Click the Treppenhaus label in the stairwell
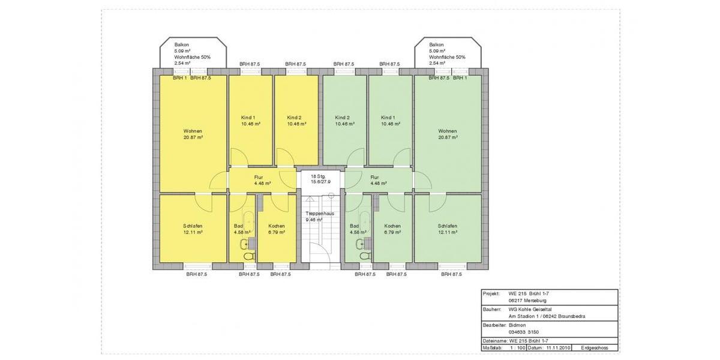point(320,214)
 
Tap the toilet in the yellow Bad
point(250,256)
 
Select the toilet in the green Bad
point(365,256)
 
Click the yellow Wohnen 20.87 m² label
point(193,134)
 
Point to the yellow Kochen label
point(277,226)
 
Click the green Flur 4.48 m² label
point(379,181)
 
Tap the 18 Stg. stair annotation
point(318,176)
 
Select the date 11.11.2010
point(559,348)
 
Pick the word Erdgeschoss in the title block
point(595,348)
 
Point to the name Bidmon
point(517,325)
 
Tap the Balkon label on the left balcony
point(182,44)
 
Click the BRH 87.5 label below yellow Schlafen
point(197,275)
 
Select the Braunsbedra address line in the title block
point(547,316)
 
